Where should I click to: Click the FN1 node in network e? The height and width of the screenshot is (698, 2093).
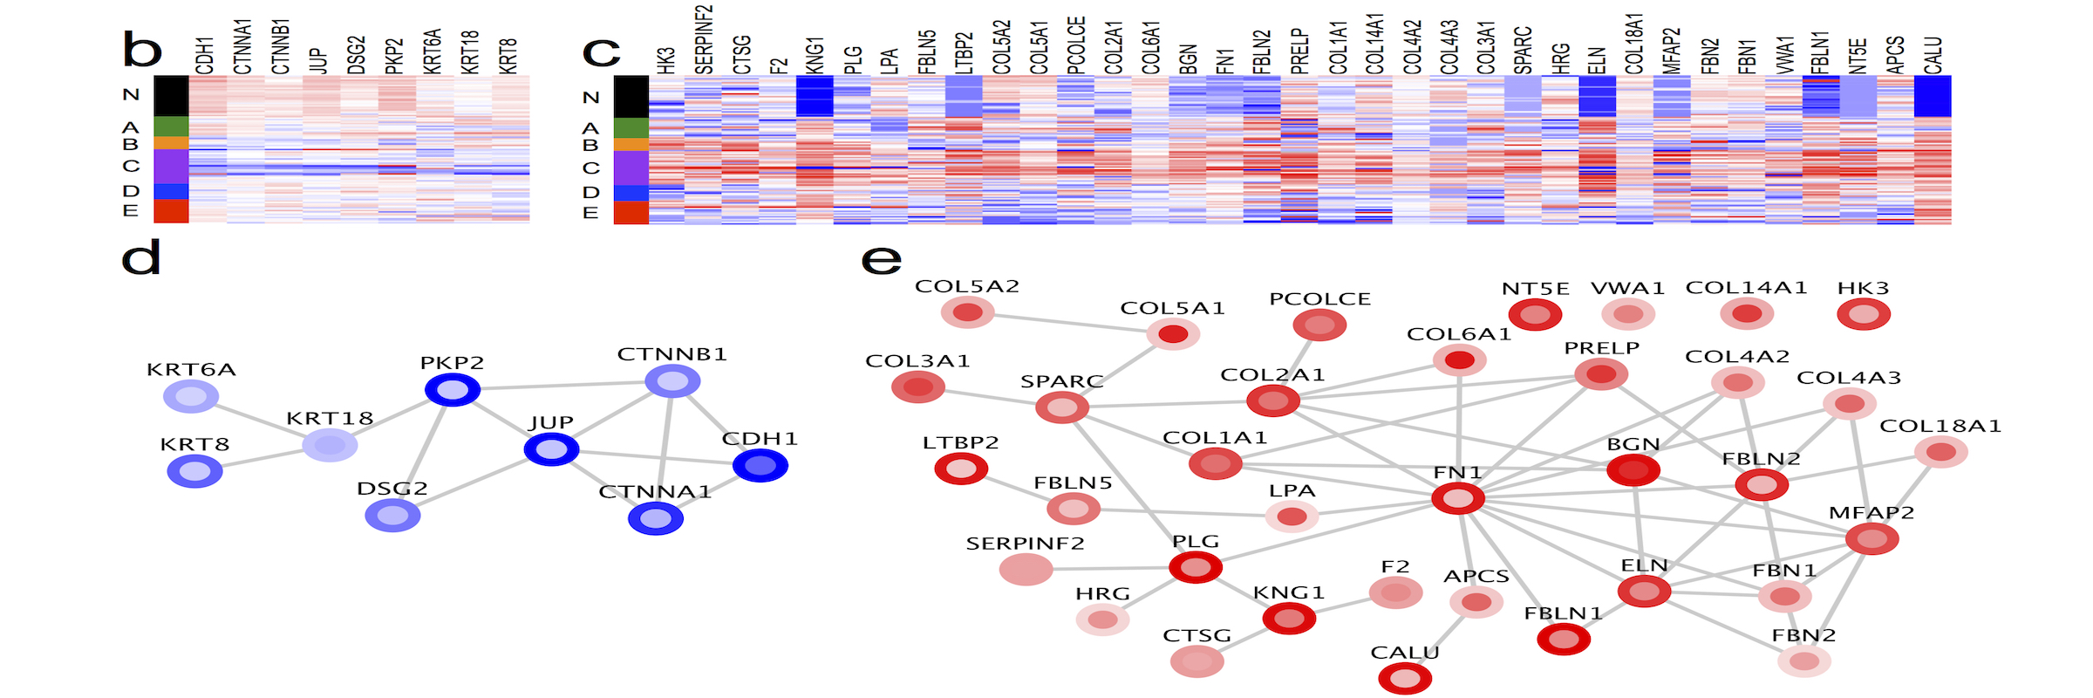pyautogui.click(x=1457, y=499)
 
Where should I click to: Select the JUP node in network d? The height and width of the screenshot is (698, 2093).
pyautogui.click(x=551, y=449)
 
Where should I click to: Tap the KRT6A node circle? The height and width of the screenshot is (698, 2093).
pyautogui.click(x=191, y=397)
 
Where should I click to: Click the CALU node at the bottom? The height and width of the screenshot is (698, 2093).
pyautogui.click(x=1405, y=678)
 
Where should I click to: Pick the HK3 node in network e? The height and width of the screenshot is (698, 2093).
pyautogui.click(x=1864, y=314)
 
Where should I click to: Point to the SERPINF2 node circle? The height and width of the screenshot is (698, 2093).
pyautogui.click(x=1026, y=570)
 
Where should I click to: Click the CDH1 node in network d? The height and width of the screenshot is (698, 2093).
pyautogui.click(x=760, y=466)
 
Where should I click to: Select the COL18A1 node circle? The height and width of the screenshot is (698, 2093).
pyautogui.click(x=1941, y=452)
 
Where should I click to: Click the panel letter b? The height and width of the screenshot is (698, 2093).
pyautogui.click(x=142, y=51)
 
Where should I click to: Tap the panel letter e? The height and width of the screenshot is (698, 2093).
pyautogui.click(x=881, y=259)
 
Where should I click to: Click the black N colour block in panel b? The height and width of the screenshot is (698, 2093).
pyautogui.click(x=172, y=96)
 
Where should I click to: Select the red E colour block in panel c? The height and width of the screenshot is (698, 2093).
pyautogui.click(x=631, y=213)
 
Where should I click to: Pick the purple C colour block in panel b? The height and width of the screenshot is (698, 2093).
pyautogui.click(x=172, y=166)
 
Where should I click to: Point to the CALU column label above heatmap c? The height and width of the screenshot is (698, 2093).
pyautogui.click(x=1933, y=54)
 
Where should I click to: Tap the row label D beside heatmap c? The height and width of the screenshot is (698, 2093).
pyautogui.click(x=591, y=192)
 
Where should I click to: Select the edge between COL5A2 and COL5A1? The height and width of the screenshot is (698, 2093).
pyautogui.click(x=1070, y=323)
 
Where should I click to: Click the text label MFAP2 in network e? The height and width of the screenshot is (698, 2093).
pyautogui.click(x=1871, y=513)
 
